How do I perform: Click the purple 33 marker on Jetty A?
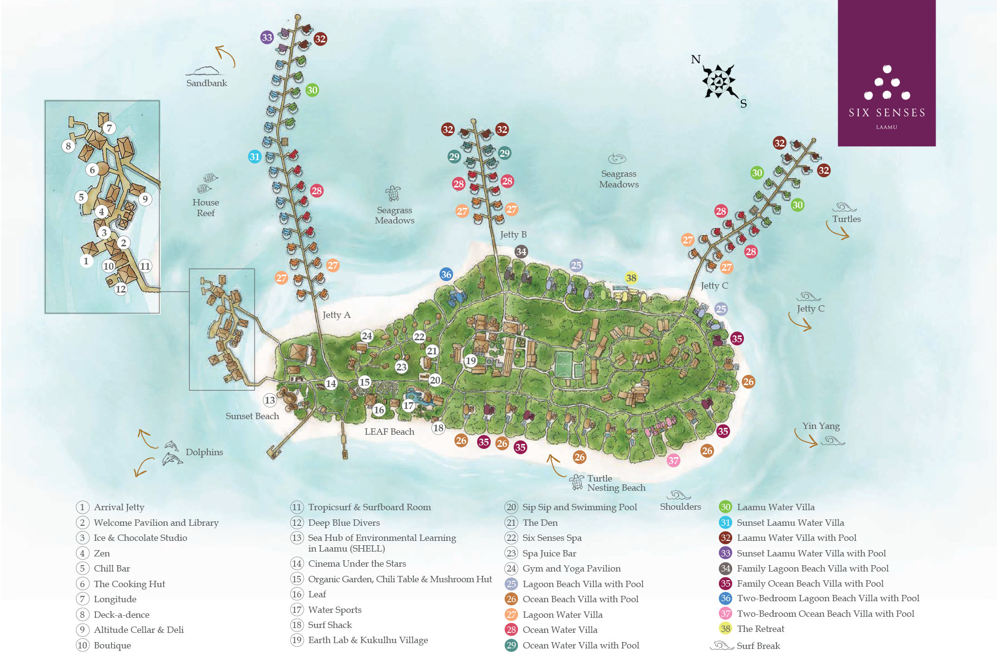pyautogui.click(x=267, y=37)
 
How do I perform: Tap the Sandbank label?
pyautogui.click(x=206, y=83)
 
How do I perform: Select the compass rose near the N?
pyautogui.click(x=719, y=81)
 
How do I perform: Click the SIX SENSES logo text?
pyautogui.click(x=886, y=113)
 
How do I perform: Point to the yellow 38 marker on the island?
pyautogui.click(x=631, y=278)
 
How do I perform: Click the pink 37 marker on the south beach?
pyautogui.click(x=673, y=461)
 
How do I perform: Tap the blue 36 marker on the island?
pyautogui.click(x=446, y=275)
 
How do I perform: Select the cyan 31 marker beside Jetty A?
pyautogui.click(x=255, y=157)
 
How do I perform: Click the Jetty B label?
pyautogui.click(x=513, y=235)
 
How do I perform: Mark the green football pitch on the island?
pyautogui.click(x=564, y=364)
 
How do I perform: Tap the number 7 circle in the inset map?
pyautogui.click(x=110, y=128)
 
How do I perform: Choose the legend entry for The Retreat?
pyautogui.click(x=760, y=629)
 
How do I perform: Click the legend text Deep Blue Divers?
pyautogui.click(x=343, y=523)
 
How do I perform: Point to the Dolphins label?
pyautogui.click(x=204, y=452)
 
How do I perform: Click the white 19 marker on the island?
pyautogui.click(x=470, y=361)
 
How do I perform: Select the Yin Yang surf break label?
pyautogui.click(x=821, y=426)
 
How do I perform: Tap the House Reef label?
pyautogui.click(x=205, y=208)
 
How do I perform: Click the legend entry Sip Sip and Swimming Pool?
pyautogui.click(x=579, y=507)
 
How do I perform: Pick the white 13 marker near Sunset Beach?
pyautogui.click(x=270, y=401)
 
